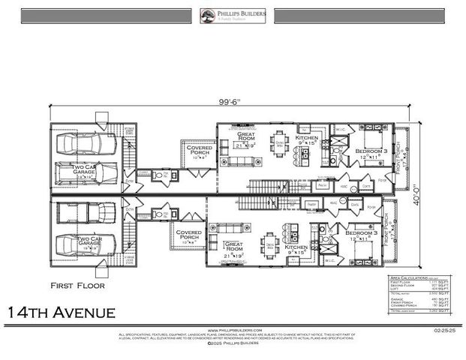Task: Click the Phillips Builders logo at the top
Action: [233, 15]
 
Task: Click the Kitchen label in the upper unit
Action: [307, 140]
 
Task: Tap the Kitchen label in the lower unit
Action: [296, 247]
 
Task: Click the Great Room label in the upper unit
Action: [247, 138]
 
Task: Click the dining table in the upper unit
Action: [279, 145]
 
